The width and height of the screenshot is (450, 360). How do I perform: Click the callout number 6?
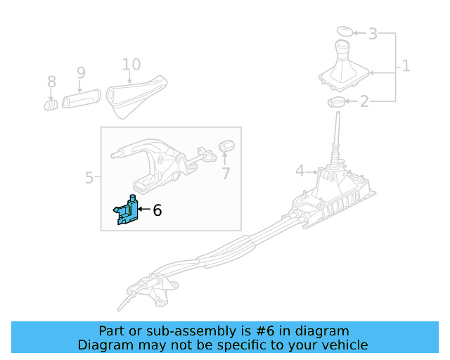[x=157, y=210]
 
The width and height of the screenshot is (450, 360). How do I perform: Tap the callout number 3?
[x=373, y=33]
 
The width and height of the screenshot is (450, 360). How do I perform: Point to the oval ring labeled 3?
[x=344, y=31]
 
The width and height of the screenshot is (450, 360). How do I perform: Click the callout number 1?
[x=405, y=67]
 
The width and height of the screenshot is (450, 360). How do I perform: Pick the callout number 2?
[x=364, y=103]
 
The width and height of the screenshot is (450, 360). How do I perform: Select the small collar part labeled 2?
[x=337, y=103]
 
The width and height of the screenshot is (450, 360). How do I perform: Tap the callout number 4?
[x=300, y=170]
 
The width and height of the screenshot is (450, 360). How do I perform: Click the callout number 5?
[x=89, y=178]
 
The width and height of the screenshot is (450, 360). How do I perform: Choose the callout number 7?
[x=226, y=173]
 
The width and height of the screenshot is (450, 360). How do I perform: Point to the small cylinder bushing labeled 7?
[x=226, y=146]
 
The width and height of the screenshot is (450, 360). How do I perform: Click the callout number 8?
[x=51, y=82]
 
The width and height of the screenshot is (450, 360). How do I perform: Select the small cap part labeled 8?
[x=51, y=105]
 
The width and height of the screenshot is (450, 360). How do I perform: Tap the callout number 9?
[x=81, y=72]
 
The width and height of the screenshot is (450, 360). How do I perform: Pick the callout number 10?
[x=131, y=65]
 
